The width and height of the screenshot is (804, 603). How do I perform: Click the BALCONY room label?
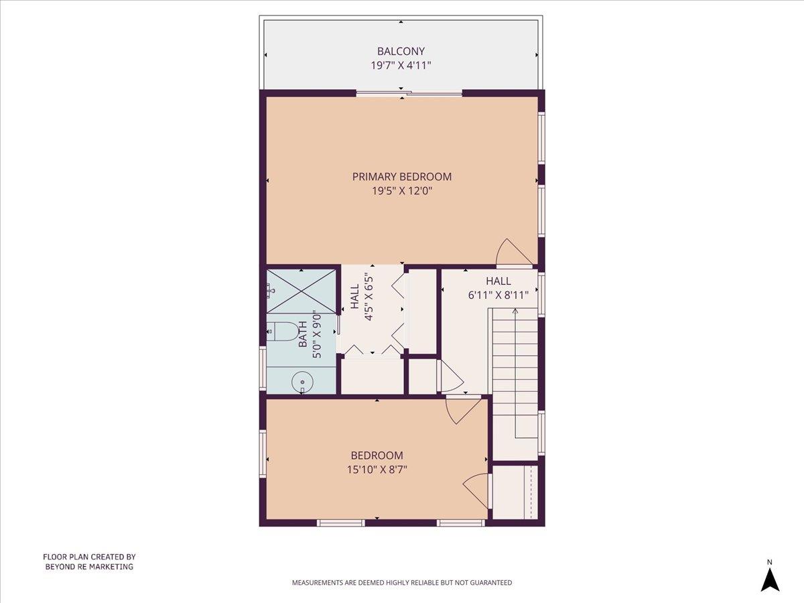[401, 51]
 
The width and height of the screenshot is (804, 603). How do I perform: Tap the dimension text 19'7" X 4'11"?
[401, 66]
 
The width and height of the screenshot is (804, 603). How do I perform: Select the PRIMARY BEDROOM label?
[402, 177]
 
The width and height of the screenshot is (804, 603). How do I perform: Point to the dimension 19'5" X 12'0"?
[402, 191]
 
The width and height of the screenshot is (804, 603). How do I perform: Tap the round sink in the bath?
[302, 382]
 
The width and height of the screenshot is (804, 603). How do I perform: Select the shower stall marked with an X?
[301, 291]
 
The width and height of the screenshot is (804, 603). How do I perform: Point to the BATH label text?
[303, 334]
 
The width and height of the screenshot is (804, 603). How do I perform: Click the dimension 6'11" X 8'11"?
[498, 295]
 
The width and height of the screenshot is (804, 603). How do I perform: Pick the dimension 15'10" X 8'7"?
[377, 470]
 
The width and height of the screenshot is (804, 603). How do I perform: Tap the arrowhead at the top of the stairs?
[515, 311]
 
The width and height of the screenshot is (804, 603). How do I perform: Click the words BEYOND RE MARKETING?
[89, 567]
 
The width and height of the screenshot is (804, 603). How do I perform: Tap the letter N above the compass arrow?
[770, 562]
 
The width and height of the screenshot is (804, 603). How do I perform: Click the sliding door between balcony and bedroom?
[409, 93]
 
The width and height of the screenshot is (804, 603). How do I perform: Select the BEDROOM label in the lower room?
[377, 456]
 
